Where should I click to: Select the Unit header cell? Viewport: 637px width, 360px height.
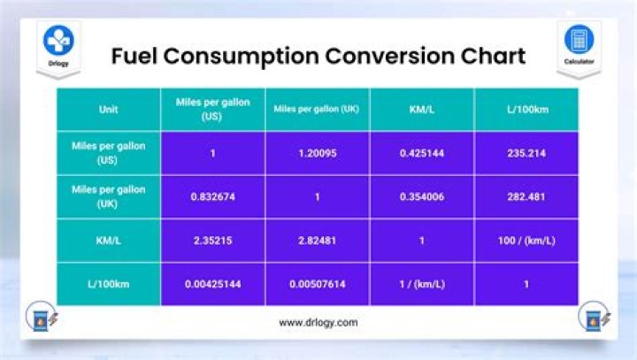pos(109,110)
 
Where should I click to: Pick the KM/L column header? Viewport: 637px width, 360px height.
pos(422,110)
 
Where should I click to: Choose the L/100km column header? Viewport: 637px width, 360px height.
pos(526,110)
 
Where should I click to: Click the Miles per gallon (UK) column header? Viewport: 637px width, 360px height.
pos(317,110)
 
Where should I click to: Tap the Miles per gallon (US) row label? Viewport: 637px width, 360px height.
pos(109,153)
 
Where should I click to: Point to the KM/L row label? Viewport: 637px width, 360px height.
pos(109,240)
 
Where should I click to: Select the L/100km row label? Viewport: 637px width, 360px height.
pos(109,284)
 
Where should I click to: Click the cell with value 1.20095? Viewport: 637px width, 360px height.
pos(317,153)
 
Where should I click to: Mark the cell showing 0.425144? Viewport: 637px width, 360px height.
pos(422,153)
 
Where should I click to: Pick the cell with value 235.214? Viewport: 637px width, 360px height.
pos(526,153)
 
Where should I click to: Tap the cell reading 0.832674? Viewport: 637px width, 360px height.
pos(212,196)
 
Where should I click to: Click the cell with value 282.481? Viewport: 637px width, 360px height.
pos(526,196)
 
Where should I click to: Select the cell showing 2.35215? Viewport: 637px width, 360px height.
pos(212,240)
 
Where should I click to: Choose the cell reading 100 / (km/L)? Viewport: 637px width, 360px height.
pos(526,240)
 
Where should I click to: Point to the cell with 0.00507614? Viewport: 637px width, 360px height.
pos(317,284)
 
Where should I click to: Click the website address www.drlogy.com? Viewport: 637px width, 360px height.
pos(318,323)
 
